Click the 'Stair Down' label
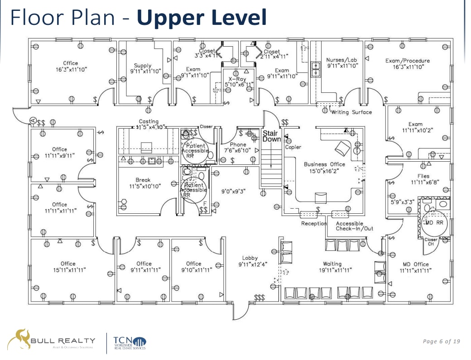272,136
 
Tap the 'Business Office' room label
324,164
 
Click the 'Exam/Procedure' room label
408,61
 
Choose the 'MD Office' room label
415,264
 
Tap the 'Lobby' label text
250,258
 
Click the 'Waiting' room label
332,264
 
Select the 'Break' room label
143,180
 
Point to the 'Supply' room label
143,66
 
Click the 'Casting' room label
149,121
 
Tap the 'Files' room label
423,176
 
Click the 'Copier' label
293,147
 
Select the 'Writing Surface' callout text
351,112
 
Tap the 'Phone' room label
238,145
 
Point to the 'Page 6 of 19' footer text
441,341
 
